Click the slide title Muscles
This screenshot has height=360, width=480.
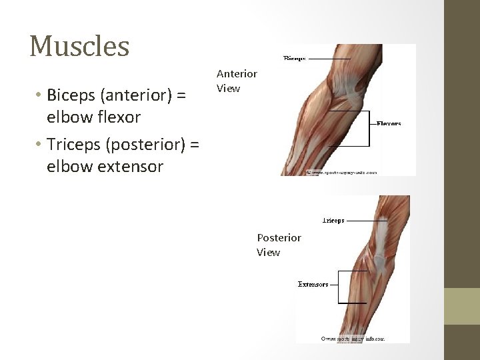79,46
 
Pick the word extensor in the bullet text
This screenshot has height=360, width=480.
131,166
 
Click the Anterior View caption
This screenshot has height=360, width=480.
237,81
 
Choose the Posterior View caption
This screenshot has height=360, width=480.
279,245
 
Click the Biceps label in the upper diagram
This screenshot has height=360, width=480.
295,59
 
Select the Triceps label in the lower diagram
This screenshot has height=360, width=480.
333,220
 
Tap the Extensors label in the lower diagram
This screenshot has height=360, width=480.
313,285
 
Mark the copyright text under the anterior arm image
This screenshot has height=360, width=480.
341,172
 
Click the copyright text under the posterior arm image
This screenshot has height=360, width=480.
353,339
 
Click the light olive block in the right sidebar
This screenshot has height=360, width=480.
462,306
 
